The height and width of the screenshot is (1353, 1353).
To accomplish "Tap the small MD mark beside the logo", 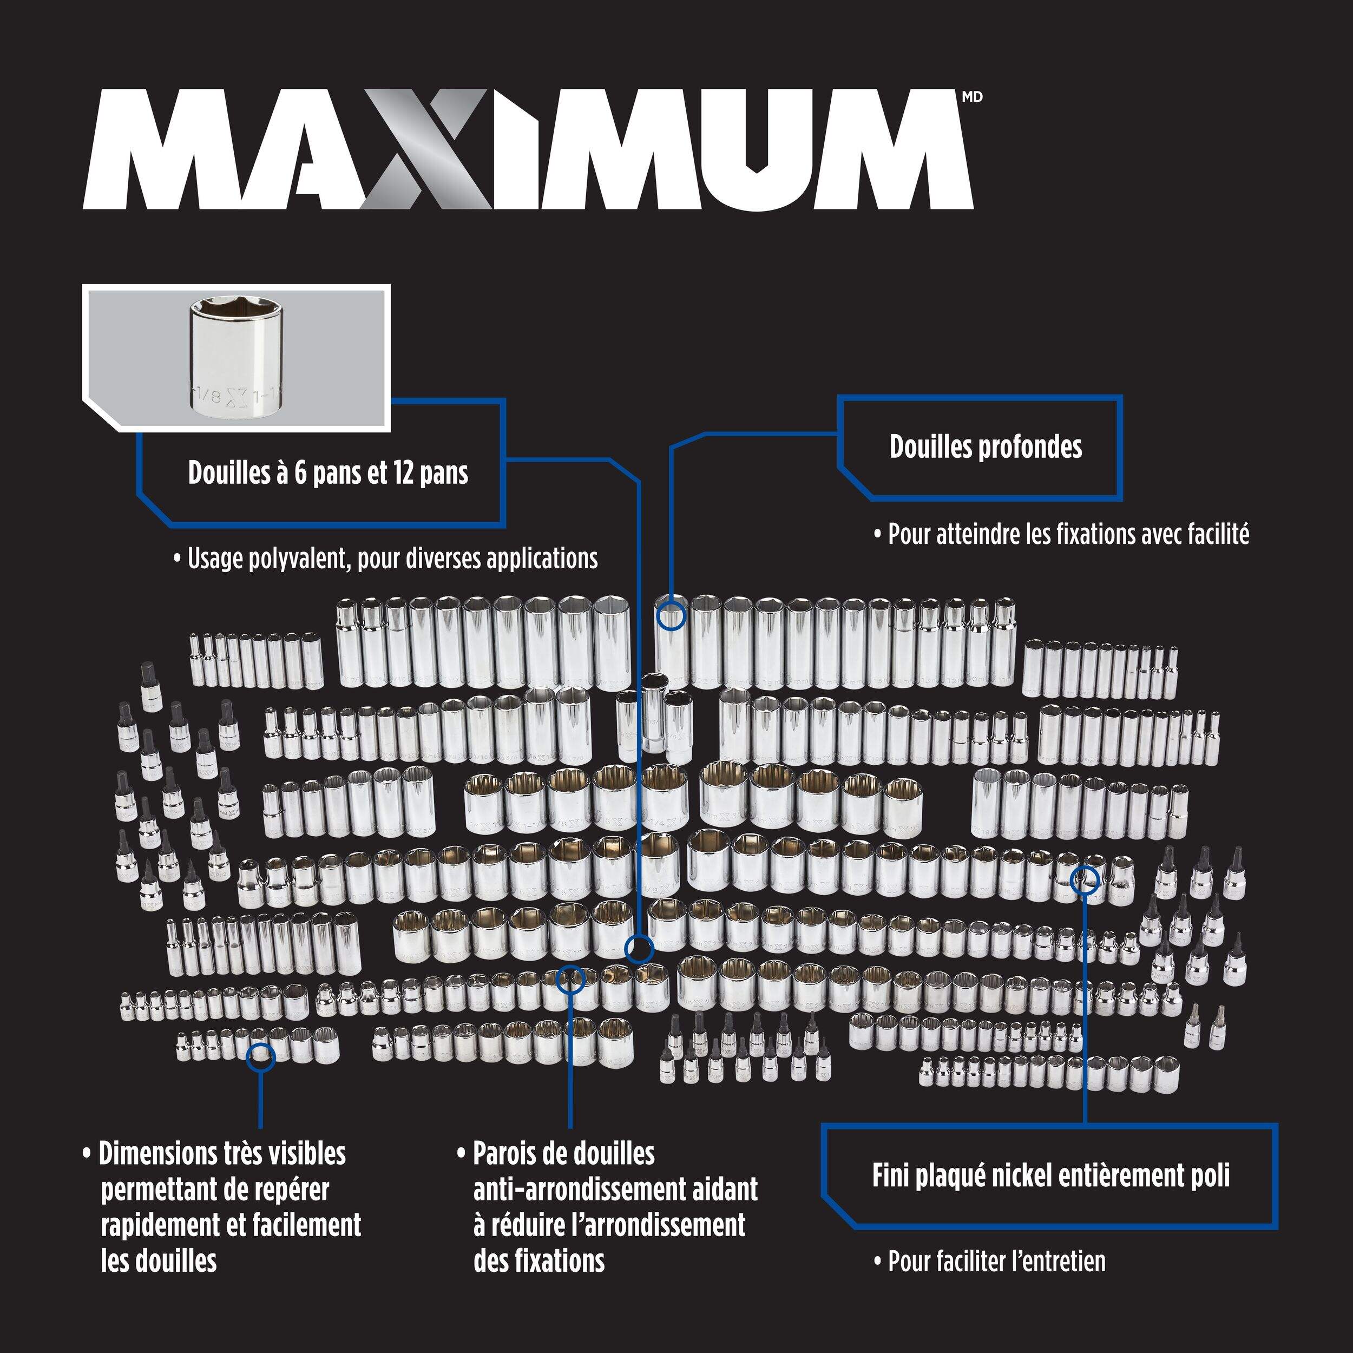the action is tap(972, 97).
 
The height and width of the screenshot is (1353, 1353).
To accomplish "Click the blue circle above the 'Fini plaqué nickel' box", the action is tap(1085, 879).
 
